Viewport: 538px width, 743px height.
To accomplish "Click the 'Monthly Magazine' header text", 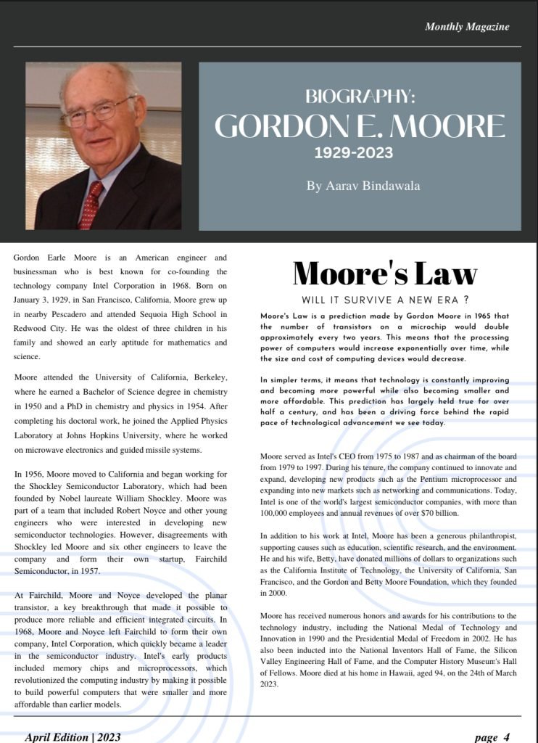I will coord(467,27).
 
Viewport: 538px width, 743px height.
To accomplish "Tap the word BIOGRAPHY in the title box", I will coord(360,97).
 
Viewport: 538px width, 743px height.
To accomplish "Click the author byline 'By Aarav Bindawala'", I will coord(363,186).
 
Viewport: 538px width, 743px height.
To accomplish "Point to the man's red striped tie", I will coord(92,202).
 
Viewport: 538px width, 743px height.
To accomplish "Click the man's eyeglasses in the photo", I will coord(98,111).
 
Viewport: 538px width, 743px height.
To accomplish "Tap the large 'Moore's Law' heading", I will coord(384,274).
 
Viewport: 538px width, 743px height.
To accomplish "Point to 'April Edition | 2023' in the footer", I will coord(73,737).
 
